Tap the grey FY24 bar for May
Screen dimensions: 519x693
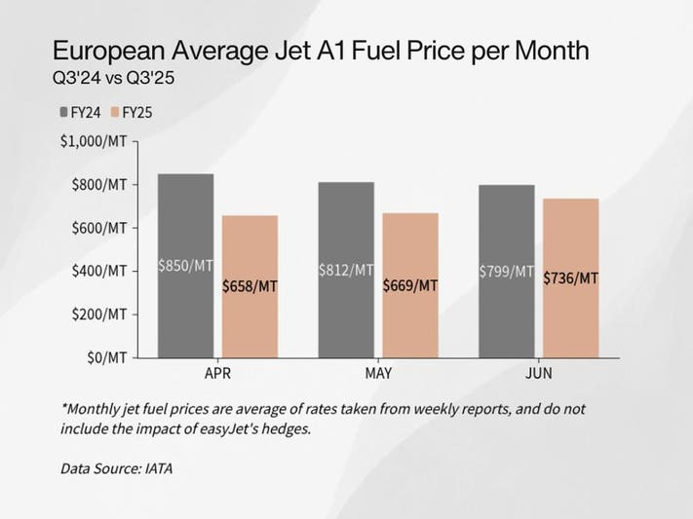click(346, 224)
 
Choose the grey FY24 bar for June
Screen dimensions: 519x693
click(507, 224)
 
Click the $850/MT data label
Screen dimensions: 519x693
click(185, 266)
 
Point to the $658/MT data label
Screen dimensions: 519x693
click(250, 286)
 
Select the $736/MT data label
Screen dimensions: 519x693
click(571, 278)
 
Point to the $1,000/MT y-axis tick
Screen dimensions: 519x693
click(94, 141)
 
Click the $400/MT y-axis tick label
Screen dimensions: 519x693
click(97, 271)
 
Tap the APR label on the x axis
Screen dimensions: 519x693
click(217, 373)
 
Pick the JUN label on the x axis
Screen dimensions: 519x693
click(539, 373)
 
